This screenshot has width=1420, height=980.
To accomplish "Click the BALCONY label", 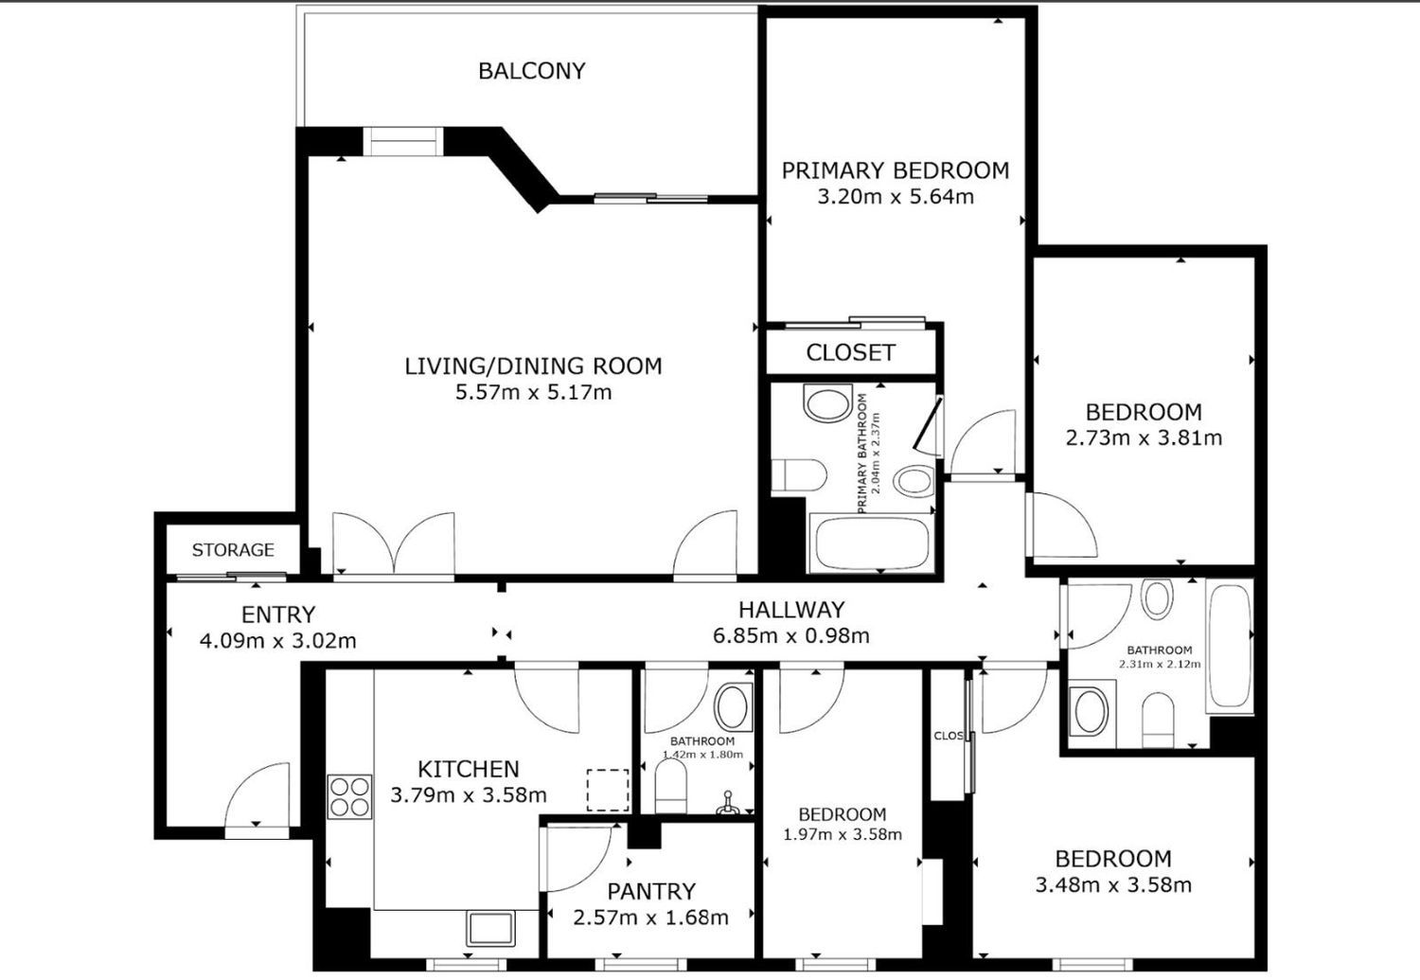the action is tap(531, 70).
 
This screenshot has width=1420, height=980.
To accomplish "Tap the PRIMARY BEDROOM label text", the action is tap(896, 170).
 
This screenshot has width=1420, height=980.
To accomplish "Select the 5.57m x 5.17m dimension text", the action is tap(533, 392).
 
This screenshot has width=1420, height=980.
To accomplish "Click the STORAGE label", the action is tap(233, 549).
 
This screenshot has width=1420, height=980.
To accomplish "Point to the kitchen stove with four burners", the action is tap(349, 796).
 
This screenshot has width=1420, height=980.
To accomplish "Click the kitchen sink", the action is tap(490, 929).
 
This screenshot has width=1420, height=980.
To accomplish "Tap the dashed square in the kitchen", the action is tap(608, 790).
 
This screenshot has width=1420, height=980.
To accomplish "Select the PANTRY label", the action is tap(651, 891).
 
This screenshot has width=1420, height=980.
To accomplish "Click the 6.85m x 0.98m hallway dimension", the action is tap(791, 635).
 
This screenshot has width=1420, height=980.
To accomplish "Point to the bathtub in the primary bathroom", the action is tap(872, 543).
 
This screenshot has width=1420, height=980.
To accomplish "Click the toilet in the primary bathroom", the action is tap(799, 474).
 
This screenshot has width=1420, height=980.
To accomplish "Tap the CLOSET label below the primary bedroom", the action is tap(851, 352).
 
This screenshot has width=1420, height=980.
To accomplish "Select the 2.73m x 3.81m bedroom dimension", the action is tap(1144, 438).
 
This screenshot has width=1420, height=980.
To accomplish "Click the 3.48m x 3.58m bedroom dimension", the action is tap(1113, 884).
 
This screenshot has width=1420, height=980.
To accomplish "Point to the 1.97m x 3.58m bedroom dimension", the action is tap(843, 834).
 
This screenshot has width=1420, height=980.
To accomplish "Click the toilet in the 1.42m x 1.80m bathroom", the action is tap(670, 785).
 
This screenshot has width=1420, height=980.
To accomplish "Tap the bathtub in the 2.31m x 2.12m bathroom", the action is tap(1230, 646).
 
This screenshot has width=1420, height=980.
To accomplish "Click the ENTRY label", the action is tap(278, 615).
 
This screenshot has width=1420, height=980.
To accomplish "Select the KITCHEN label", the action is tap(469, 769).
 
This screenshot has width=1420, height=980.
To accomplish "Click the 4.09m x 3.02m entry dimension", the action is tap(277, 641).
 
